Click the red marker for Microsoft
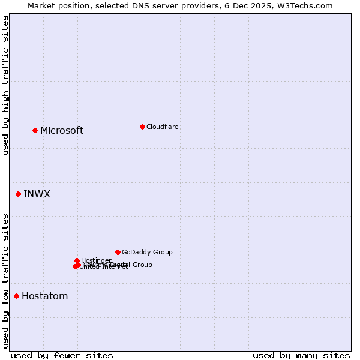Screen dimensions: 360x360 tap(35, 130)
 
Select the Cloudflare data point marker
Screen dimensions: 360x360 tap(142, 127)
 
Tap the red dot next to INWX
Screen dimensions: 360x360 tap(19, 194)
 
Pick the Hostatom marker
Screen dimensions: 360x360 tap(17, 296)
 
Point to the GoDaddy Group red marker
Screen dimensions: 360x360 tap(118, 252)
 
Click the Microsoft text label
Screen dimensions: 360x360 tap(62, 131)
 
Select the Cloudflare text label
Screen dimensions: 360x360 tap(162, 127)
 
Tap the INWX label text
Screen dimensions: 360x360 tap(37, 194)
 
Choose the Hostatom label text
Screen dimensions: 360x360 tap(44, 296)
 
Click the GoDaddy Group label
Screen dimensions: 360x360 tap(147, 252)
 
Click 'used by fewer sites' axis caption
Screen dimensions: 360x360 tap(62, 355)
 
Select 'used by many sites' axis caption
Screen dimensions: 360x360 tap(301, 355)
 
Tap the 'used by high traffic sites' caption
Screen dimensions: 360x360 tap(5, 85)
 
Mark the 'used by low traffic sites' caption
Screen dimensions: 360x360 tap(5, 280)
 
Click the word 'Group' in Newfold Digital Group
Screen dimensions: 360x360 tap(142, 265)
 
